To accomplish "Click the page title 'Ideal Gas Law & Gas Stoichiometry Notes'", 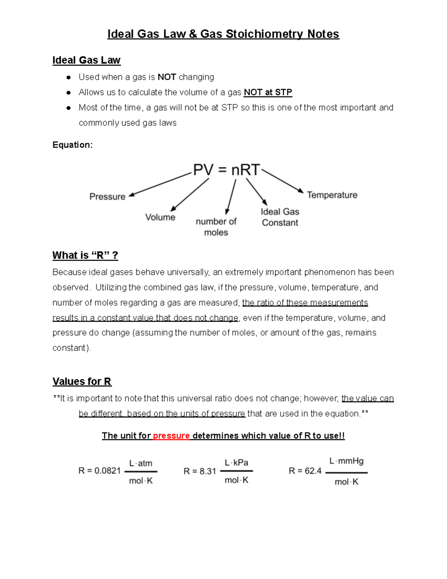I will coord(223,34).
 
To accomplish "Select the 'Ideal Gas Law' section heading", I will coord(86,60).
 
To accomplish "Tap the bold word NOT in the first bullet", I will coord(167,77).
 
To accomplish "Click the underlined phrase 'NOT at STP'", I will coord(268,92).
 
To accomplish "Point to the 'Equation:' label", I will coord(73,145).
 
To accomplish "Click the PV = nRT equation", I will coord(226,170).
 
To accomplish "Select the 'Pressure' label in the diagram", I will coord(107,197).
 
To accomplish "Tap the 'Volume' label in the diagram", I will coord(160,217).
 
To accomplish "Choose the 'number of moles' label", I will coord(216,227).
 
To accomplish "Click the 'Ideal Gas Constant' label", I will coord(280,217).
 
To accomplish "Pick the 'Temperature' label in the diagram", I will coord(332,195).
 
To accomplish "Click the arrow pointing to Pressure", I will coord(160,184).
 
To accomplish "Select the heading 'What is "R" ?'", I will coord(85,256).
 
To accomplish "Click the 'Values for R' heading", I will coord(82,382).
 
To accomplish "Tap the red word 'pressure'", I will coord(171,436).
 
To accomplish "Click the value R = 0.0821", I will coord(99,471).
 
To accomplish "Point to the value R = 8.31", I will coord(200,471).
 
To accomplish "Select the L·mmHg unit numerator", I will coord(346,461).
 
